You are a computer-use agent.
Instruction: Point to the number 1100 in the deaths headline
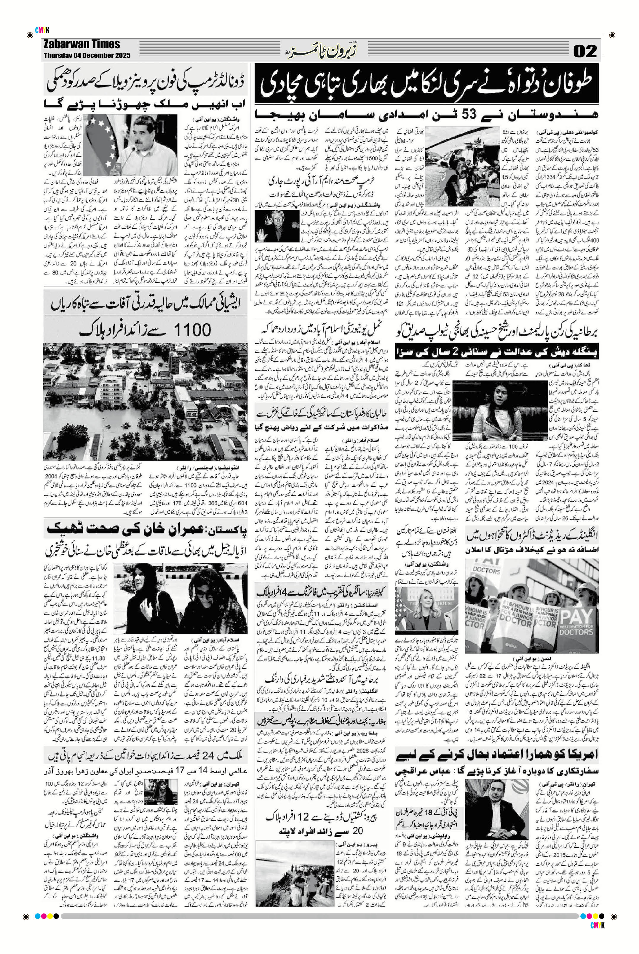tap(193, 329)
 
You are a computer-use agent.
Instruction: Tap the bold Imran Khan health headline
tap(146, 530)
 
